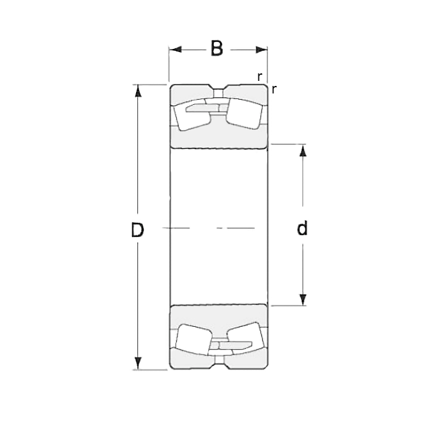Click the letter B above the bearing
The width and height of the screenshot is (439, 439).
click(217, 49)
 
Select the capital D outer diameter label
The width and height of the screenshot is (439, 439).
click(137, 230)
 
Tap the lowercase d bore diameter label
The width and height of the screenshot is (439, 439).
click(302, 229)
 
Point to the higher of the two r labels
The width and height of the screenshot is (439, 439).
click(260, 77)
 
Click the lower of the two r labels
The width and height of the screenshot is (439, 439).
click(275, 89)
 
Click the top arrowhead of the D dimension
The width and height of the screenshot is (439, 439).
click(139, 90)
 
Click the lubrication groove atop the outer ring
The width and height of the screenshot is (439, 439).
click(218, 88)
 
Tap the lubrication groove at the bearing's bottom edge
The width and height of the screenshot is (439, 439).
click(218, 366)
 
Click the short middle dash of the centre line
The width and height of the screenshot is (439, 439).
click(219, 228)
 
